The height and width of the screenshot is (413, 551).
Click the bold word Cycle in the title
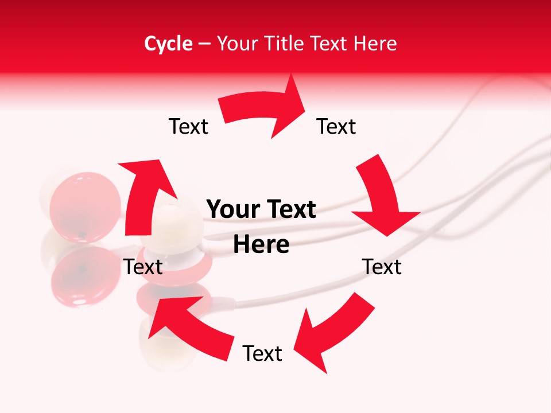coord(168,44)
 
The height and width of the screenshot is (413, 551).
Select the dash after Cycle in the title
coord(204,44)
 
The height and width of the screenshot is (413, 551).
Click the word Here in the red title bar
coord(375,44)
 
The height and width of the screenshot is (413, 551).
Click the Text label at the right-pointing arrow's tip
coord(336,127)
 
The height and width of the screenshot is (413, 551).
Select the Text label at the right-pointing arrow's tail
coord(188,127)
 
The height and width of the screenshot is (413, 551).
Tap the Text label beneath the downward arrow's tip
coord(382,267)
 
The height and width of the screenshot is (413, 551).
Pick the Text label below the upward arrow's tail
coord(143,267)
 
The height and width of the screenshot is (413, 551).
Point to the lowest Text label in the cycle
coord(262,353)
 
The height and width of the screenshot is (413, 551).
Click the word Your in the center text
coord(227,210)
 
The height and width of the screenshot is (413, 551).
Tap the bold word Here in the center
coord(261,245)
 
